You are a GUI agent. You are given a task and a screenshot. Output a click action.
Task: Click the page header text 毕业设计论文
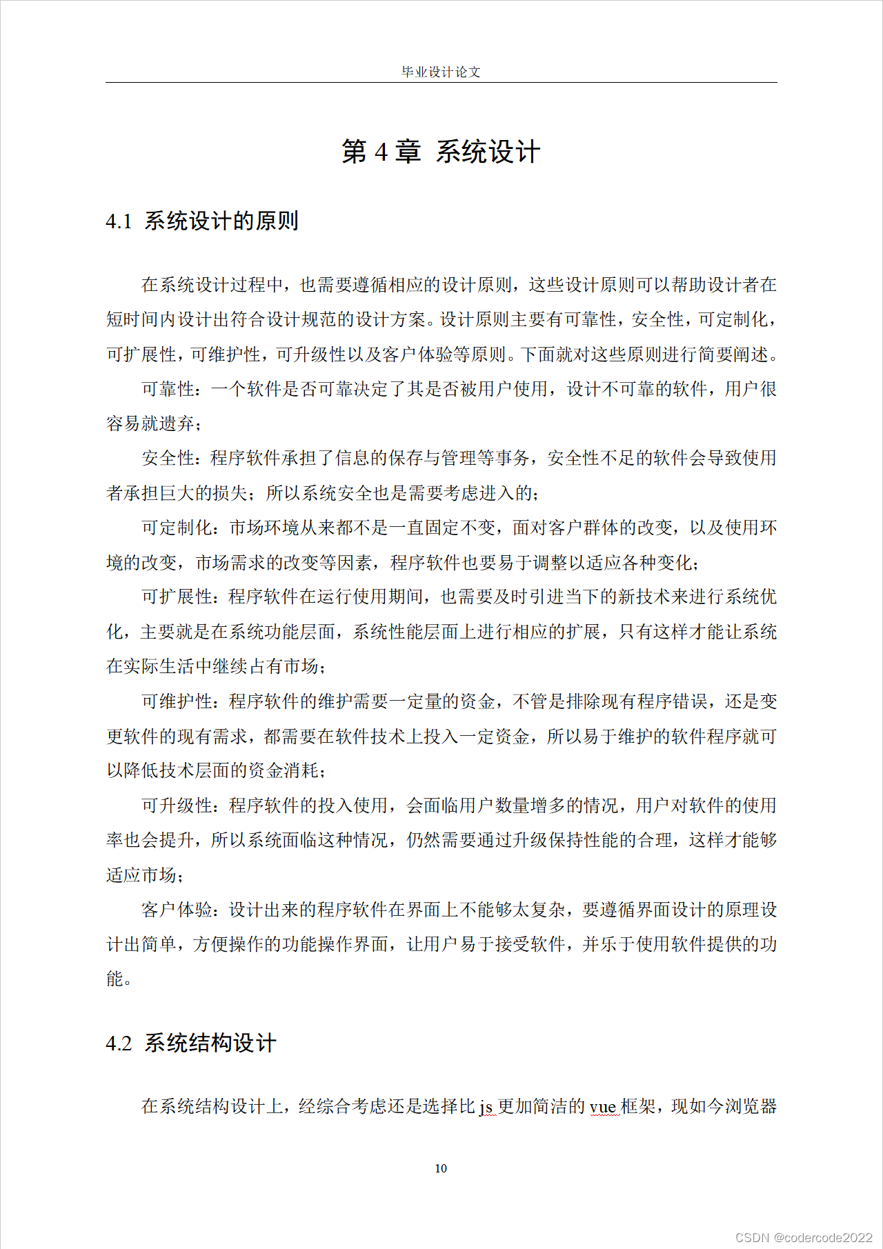click(441, 72)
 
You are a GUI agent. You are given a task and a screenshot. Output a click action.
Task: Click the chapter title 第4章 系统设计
click(441, 152)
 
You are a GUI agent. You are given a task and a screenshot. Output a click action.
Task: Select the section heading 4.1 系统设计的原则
click(202, 221)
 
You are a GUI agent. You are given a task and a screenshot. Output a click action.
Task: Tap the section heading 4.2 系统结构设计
click(191, 1043)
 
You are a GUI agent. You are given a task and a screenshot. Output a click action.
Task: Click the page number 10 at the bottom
click(441, 1168)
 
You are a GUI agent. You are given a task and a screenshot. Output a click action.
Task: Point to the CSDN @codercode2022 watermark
click(804, 1237)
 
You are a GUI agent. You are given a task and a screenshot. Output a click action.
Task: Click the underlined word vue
click(602, 1107)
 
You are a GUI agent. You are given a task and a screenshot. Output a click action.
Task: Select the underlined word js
click(486, 1107)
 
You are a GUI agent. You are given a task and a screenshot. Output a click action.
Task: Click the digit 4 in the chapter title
click(381, 152)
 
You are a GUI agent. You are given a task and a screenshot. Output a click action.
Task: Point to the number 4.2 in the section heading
click(119, 1043)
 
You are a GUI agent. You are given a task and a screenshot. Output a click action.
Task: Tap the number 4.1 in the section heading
click(119, 222)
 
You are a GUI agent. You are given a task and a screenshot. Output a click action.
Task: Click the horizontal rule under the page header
click(441, 83)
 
